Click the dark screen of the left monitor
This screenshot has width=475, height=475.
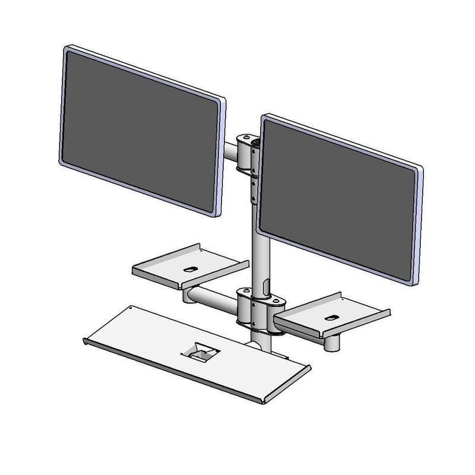(140, 131)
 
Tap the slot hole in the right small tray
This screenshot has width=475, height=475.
(333, 317)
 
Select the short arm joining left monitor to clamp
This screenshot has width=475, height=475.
(230, 150)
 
